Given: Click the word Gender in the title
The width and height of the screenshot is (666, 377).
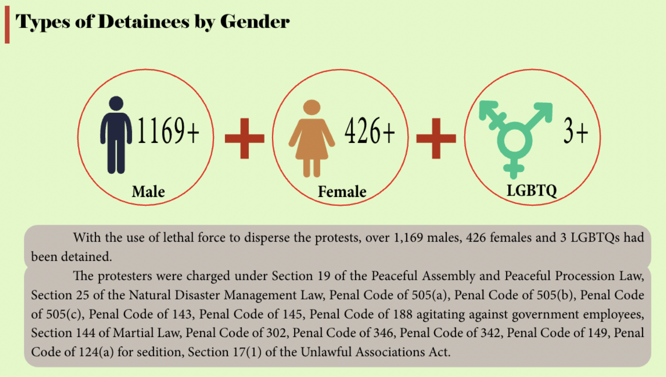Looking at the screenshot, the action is point(255,22).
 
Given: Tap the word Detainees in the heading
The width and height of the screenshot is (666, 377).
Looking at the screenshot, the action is point(144,22).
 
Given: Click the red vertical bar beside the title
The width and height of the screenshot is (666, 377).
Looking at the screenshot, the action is point(7,25).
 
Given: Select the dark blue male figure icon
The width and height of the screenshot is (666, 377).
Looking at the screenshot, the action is point(116,135).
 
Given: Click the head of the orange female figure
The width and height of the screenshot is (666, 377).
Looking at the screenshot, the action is point(311,108).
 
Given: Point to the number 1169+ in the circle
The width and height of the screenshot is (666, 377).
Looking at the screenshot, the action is point(168,131).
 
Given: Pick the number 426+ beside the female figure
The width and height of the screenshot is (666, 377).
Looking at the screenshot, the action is point(370,131).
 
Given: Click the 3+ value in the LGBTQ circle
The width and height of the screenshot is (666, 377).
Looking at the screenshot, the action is point(575,131).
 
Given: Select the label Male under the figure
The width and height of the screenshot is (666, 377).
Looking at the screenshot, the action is point(148,192).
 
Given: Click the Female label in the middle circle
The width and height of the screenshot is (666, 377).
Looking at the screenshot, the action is point(342,192).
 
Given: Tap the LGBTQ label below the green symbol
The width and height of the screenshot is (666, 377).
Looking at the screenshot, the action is point(532,191).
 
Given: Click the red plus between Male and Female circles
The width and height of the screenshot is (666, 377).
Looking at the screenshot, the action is point(244,138).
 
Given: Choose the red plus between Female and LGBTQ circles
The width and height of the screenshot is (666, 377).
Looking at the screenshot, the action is point(436,138).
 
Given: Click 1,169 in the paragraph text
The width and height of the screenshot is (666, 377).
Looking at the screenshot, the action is point(408,238).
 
